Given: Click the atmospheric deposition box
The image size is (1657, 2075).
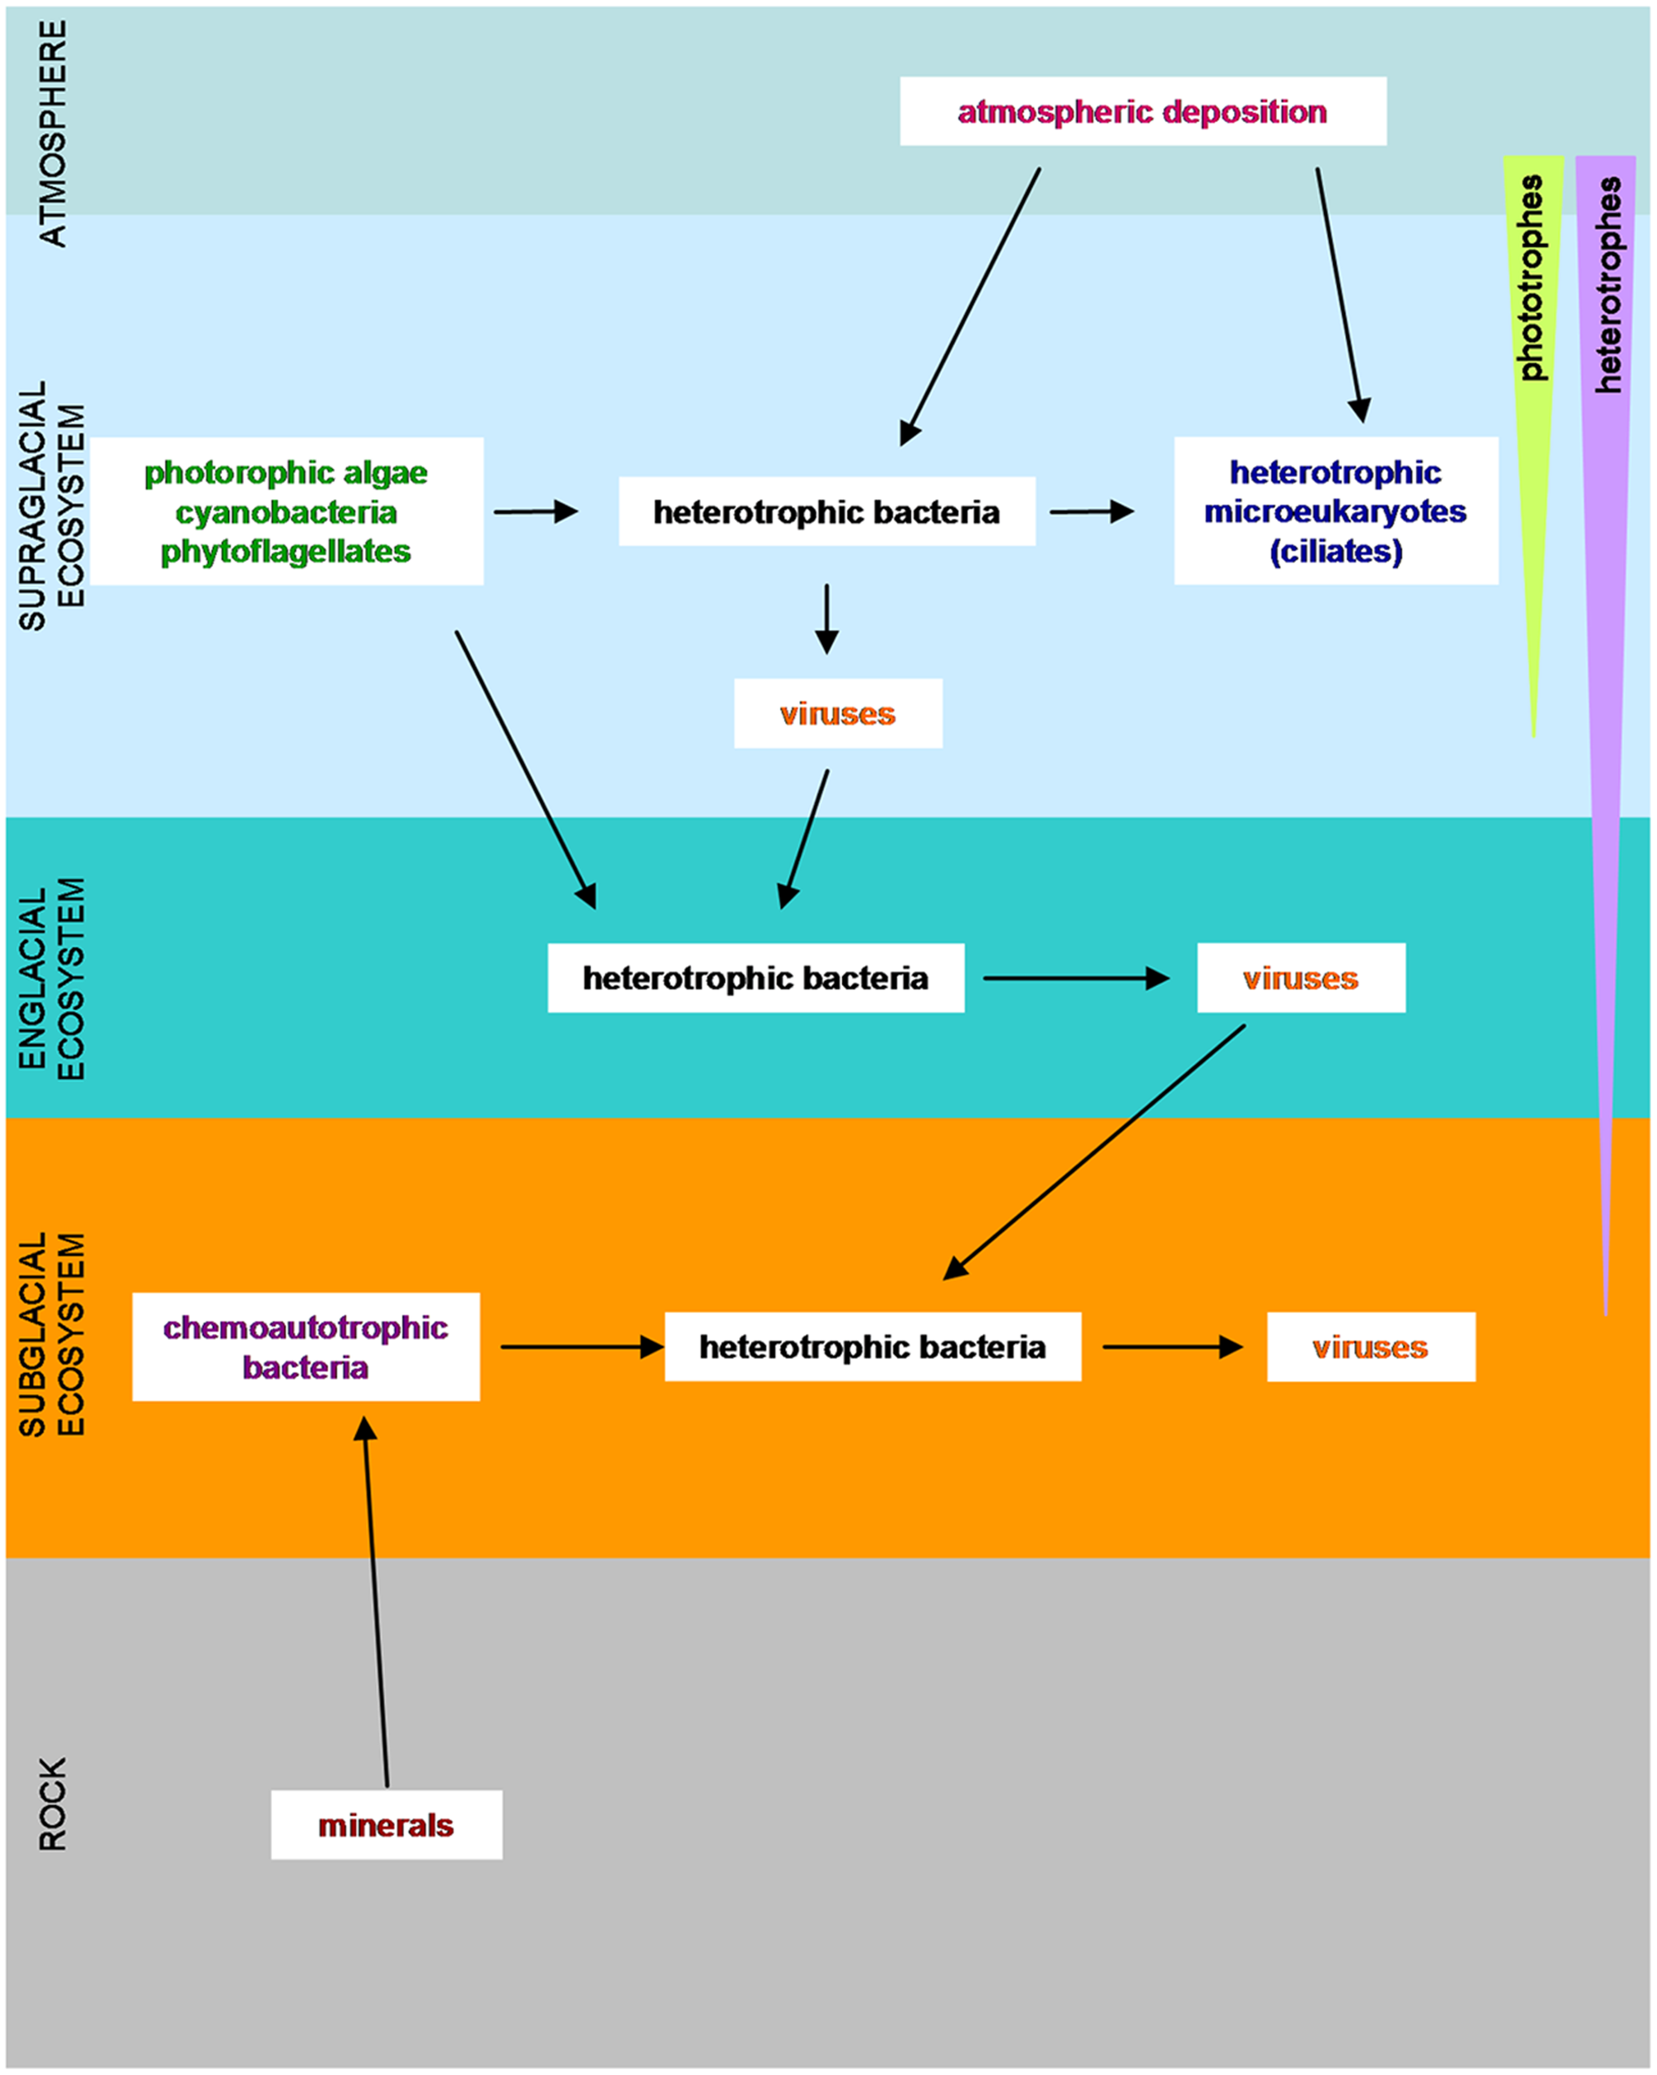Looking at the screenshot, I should click(x=1143, y=112).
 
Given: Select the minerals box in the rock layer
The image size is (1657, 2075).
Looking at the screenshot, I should click(x=386, y=1825).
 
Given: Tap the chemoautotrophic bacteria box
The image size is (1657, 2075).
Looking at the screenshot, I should click(x=305, y=1346).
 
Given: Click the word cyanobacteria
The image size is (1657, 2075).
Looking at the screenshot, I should click(x=285, y=512).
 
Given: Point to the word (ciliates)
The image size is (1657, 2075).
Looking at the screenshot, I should click(x=1335, y=551).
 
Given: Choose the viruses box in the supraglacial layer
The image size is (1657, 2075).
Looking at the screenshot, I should click(x=837, y=714).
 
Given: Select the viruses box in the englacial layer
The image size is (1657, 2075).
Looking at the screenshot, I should click(x=1300, y=978).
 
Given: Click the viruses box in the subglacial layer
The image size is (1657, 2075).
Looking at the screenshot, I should click(x=1370, y=1346).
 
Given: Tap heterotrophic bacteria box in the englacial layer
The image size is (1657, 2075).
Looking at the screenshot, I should click(x=755, y=978).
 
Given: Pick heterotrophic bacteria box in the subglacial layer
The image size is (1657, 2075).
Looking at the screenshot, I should click(x=872, y=1346).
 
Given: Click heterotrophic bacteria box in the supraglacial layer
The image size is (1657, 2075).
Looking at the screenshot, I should click(x=826, y=511).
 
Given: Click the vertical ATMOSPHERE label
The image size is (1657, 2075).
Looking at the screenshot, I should click(x=53, y=134).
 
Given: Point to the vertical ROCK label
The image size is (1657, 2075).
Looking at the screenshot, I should click(x=53, y=1804).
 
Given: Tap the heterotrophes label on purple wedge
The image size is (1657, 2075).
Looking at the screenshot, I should click(x=1608, y=284).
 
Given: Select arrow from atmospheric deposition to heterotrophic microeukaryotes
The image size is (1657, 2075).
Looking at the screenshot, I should click(x=1339, y=294).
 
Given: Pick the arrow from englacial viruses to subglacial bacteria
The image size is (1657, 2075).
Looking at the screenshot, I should click(x=1095, y=1151).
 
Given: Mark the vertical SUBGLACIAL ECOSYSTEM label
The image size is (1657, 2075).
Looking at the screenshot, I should click(x=53, y=1334).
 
